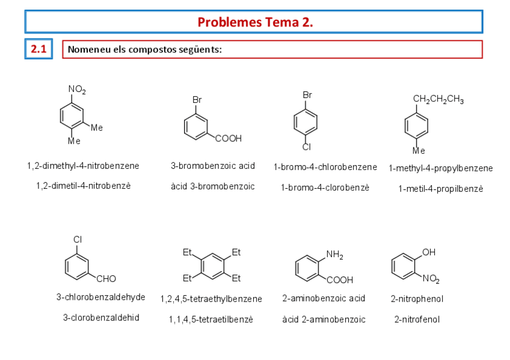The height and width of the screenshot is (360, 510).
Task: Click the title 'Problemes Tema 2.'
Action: click(255, 22)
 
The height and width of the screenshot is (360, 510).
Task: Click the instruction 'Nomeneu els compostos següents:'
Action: click(145, 49)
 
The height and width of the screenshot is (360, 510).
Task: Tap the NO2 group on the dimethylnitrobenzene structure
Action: click(77, 90)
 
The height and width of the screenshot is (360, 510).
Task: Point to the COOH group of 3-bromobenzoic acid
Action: click(229, 139)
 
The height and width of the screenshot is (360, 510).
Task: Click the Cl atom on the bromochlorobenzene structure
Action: click(306, 147)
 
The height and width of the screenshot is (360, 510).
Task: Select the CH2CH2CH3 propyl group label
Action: click(438, 100)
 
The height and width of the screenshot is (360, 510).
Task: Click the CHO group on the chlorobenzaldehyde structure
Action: click(106, 279)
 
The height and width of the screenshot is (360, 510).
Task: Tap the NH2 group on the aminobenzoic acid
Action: click(334, 255)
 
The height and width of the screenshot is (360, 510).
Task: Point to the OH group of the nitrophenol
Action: click(429, 252)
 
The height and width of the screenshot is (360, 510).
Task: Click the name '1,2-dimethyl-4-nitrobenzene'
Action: click(83, 166)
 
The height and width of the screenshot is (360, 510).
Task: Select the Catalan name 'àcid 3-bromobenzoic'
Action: click(213, 187)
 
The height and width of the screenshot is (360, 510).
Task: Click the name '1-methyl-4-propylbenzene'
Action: click(441, 168)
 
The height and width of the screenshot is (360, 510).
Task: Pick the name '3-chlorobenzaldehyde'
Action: click(101, 297)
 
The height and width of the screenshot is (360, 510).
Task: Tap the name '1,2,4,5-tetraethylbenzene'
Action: click(211, 299)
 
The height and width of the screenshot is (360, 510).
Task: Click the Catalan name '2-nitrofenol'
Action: click(417, 320)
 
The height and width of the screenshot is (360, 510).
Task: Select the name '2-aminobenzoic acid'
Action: click(324, 298)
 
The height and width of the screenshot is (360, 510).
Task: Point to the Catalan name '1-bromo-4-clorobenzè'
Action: click(325, 188)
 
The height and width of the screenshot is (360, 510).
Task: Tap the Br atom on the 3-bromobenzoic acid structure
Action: click(197, 99)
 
